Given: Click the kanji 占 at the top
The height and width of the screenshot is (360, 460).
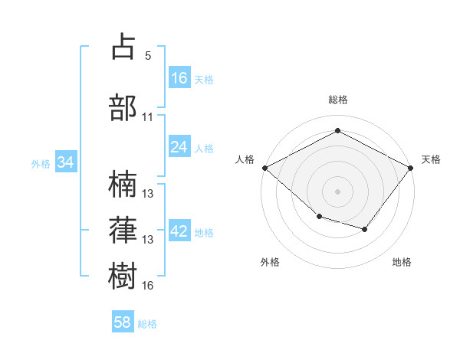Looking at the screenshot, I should (x=123, y=47).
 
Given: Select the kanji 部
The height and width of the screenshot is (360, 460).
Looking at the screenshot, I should (x=123, y=107).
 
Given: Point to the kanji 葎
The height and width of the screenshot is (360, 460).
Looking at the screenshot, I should (x=123, y=229).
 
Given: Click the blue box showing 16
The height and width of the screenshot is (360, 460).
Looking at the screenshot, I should (x=179, y=77).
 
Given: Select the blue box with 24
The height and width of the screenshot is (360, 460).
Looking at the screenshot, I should (x=179, y=147).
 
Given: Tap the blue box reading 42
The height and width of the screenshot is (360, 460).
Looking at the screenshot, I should (x=179, y=231).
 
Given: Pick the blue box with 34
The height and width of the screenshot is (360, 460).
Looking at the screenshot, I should (x=66, y=162).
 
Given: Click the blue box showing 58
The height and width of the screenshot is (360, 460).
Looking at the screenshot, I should (x=123, y=322).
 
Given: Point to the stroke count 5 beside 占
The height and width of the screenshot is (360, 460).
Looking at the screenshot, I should (x=148, y=56).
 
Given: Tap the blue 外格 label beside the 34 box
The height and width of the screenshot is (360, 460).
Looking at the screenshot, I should (x=41, y=163).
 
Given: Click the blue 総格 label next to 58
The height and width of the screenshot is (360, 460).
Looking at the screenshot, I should (x=148, y=324).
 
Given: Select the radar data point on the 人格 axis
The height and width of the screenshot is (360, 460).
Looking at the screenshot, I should (x=264, y=168).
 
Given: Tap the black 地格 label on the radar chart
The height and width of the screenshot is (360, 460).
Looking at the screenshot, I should (x=402, y=263).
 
